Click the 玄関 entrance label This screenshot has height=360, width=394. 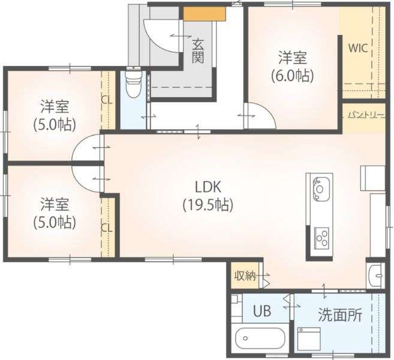198,52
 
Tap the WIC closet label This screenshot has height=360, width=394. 358,48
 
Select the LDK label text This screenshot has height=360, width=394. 208,187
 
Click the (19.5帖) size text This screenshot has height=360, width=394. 208,205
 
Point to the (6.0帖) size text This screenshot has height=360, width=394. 293,76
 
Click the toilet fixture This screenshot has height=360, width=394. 133,85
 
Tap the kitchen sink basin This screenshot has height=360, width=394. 321,188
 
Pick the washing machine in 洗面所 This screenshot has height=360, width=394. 309,339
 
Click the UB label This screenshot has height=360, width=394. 262,311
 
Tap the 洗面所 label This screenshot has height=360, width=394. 340,314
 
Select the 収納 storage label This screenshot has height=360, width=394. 245,276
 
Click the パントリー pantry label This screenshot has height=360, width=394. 366,115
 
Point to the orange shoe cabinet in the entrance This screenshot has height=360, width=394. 204,14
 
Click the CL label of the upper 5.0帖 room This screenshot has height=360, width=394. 107,100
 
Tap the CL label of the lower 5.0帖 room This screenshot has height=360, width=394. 107,228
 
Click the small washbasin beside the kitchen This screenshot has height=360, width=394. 375,275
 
